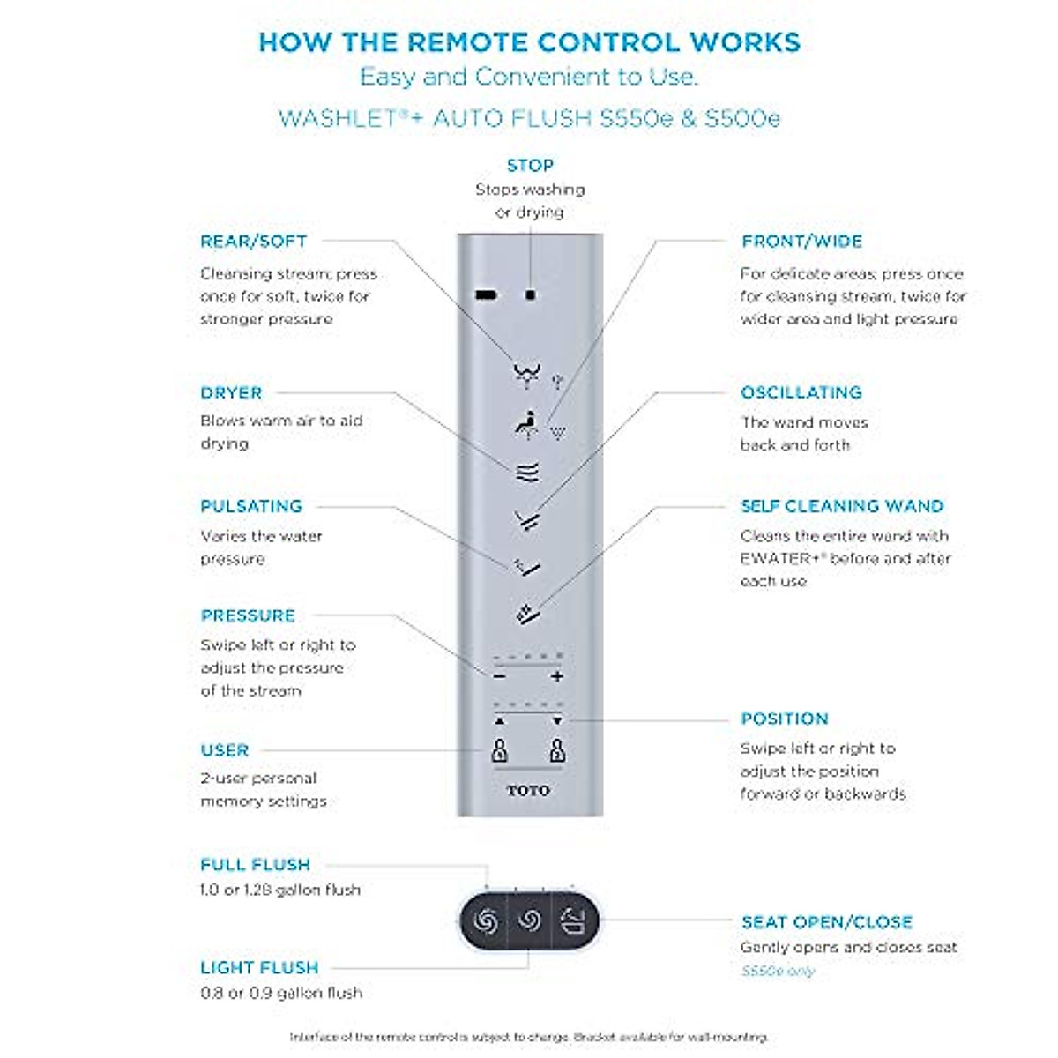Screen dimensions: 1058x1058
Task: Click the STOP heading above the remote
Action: coord(530,166)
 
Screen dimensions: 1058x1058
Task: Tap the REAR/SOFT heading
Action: coord(253,242)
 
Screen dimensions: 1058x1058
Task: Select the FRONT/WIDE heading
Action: coord(801,242)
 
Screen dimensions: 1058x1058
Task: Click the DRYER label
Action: coord(231,393)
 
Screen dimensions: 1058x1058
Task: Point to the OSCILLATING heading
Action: coord(801,393)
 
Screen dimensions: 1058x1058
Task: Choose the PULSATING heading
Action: coord(251,506)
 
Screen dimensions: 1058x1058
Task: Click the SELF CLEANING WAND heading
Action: coord(841,506)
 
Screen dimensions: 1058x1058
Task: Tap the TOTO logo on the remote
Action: coord(528,791)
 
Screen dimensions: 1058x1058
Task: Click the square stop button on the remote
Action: coord(530,294)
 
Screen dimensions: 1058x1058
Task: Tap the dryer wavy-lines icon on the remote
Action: coord(527,473)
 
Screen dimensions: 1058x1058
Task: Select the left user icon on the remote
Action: coord(499,750)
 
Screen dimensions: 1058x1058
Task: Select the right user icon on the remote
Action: coord(557,750)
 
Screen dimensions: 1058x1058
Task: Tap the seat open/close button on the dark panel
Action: coord(572,921)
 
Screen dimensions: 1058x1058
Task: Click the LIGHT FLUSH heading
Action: coord(259,968)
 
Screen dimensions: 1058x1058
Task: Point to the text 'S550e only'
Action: coord(778,972)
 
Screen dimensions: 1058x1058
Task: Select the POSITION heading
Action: coord(784,719)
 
